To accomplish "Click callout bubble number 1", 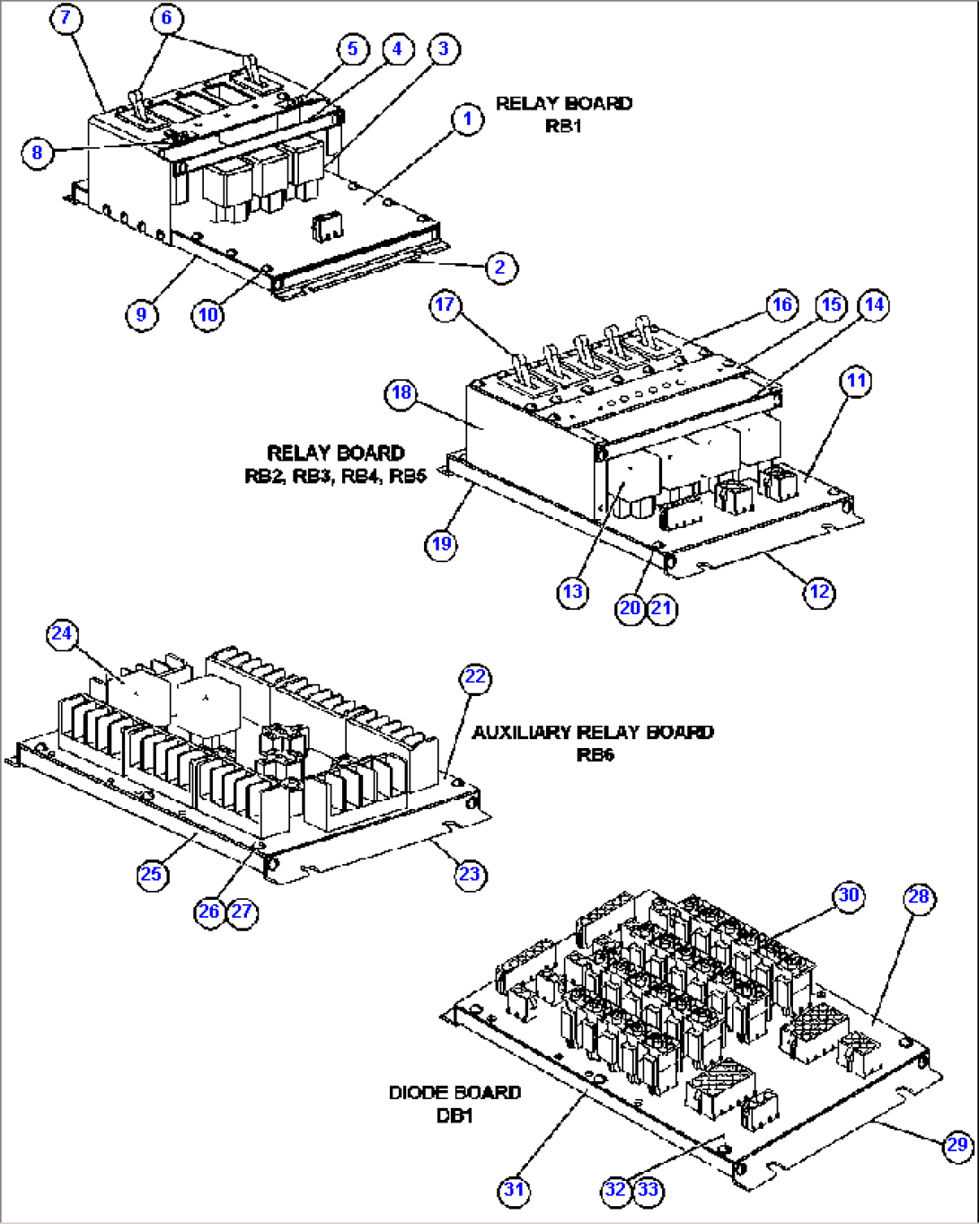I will (x=467, y=119).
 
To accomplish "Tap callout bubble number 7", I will (x=66, y=18).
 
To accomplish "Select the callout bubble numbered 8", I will (x=37, y=152).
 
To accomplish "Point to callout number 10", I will (x=208, y=314).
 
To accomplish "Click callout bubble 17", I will (x=445, y=304).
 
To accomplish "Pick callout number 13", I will (x=573, y=592).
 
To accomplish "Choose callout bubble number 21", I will (x=662, y=608).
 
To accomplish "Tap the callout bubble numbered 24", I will (x=61, y=633).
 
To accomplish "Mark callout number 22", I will (x=475, y=677).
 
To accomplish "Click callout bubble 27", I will (x=243, y=911).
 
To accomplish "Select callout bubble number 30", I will (x=849, y=894).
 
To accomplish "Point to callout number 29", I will (x=957, y=1144).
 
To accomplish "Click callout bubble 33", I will (x=648, y=1190).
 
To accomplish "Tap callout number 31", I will (x=513, y=1190).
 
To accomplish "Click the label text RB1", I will (x=563, y=126).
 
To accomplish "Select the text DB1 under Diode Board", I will (x=454, y=1115).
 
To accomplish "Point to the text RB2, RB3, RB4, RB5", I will (x=335, y=476).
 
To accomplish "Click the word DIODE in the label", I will (x=417, y=1093).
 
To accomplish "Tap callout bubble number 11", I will (x=856, y=381).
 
